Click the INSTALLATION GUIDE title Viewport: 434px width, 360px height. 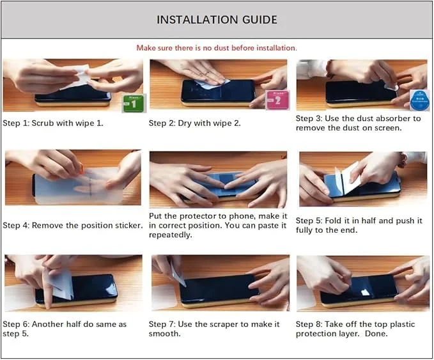click(217, 20)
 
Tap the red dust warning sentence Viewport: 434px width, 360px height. click(217, 48)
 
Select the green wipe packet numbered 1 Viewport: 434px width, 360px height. click(134, 104)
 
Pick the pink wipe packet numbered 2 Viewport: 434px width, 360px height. click(277, 100)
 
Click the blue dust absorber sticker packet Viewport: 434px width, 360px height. click(419, 100)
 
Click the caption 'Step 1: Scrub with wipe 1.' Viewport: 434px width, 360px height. click(53, 123)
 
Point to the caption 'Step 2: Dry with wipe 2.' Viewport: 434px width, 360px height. click(194, 123)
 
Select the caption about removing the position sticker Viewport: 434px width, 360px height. click(73, 226)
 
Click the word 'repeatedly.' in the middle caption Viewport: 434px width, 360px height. click(170, 235)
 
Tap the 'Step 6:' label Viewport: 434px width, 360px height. click(16, 324)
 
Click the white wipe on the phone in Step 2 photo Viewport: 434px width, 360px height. click(211, 84)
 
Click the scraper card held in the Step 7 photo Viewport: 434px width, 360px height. click(178, 273)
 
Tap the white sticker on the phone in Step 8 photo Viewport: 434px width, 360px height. click(366, 292)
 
